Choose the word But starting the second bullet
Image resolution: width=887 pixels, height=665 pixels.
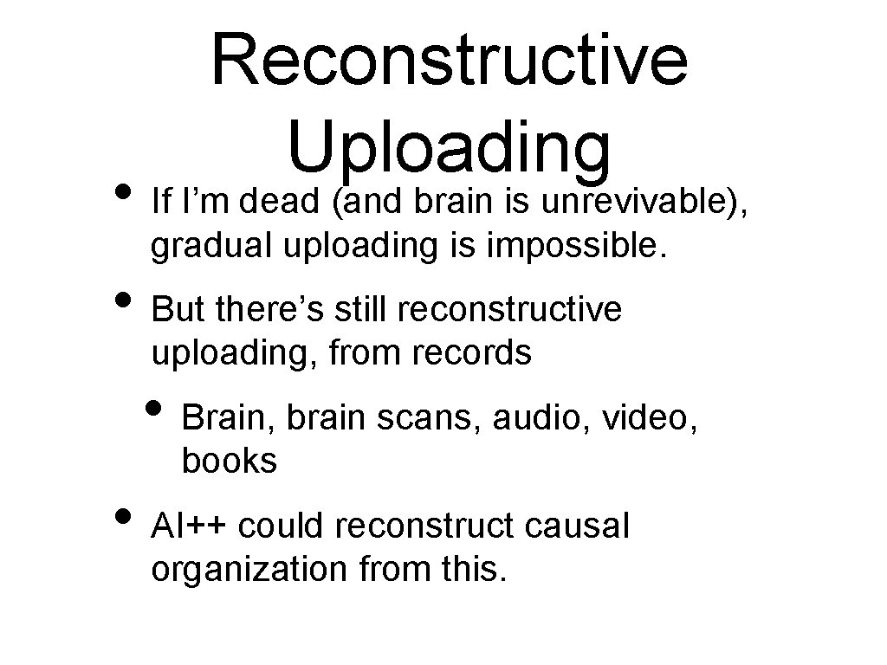point(178,310)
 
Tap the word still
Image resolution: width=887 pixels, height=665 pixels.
point(365,310)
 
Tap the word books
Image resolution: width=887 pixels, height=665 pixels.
point(230,462)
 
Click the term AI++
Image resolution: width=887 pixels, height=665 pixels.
point(190,526)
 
